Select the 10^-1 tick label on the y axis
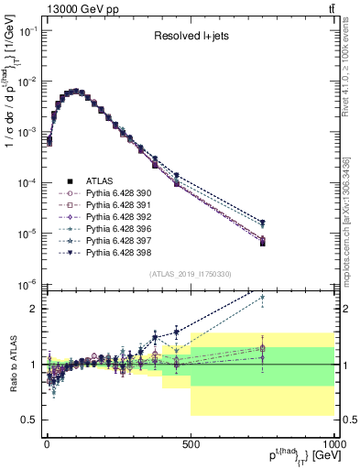coord(26,31)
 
